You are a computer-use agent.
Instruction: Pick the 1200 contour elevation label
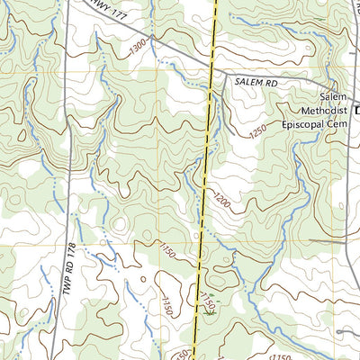click(x=221, y=202)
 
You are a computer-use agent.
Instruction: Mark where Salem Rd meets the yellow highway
click(x=212, y=76)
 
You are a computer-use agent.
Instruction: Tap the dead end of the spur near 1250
click(x=236, y=133)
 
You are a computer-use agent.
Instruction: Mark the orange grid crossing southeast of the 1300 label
click(x=164, y=71)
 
